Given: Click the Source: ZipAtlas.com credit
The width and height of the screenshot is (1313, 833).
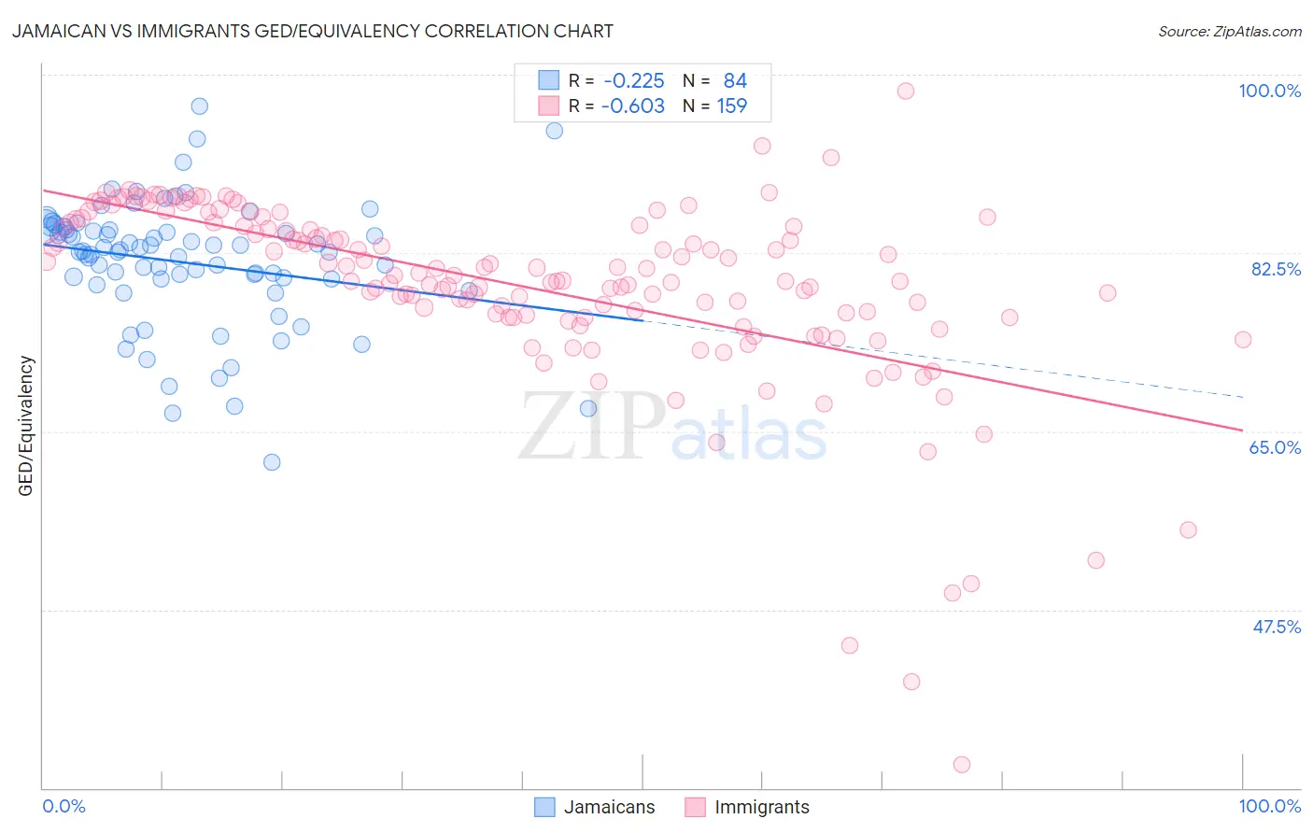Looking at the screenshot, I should (1229, 31).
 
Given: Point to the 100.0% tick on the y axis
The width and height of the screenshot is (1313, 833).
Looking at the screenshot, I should (1269, 91).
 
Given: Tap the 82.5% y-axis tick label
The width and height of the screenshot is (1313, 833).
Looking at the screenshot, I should (1276, 269).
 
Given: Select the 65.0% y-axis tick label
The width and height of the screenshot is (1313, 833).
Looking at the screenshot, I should (1275, 447).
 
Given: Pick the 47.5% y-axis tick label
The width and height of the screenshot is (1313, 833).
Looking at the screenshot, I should (1276, 627).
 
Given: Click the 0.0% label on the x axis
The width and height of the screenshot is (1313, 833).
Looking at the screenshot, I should (64, 806).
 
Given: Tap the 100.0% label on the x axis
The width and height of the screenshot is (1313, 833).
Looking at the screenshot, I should (1269, 806).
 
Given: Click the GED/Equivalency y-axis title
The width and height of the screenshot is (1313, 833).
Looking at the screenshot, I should (26, 426).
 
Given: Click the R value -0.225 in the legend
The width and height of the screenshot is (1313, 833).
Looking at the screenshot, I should (634, 81).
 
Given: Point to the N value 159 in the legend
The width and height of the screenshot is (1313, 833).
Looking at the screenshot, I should (732, 106).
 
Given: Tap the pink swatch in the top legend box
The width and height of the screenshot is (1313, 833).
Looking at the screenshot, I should (548, 106).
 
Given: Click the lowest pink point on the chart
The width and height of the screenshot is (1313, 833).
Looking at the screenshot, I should (961, 765).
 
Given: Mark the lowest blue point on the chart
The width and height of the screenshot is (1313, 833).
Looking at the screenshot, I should (272, 462).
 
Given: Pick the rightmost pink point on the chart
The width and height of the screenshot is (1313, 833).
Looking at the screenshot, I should (1242, 340).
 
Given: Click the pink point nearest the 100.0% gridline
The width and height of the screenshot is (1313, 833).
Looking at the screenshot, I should (905, 91).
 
